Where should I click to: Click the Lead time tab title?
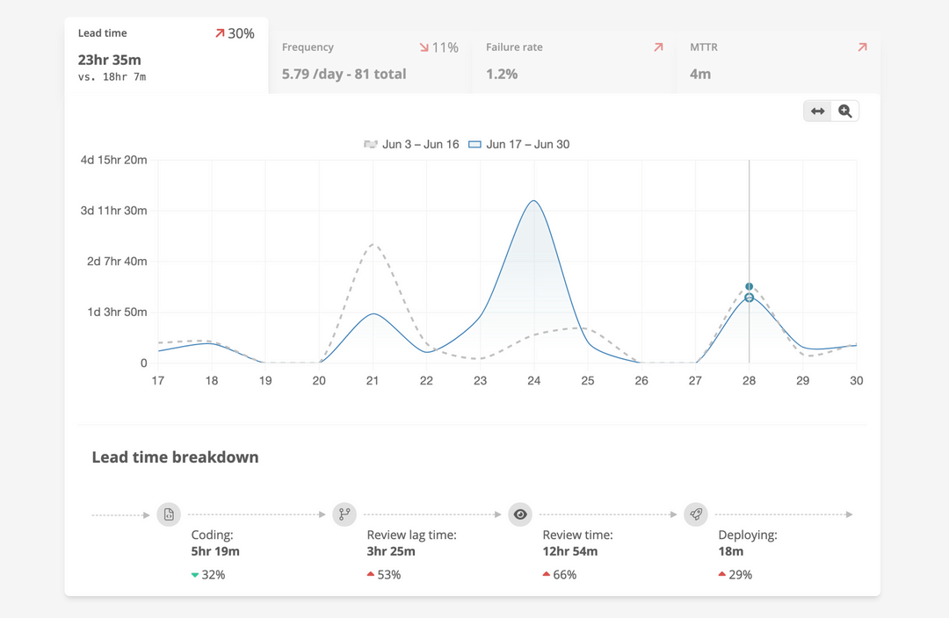[102, 33]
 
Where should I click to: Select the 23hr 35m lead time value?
[109, 60]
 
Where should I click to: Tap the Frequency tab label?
[308, 47]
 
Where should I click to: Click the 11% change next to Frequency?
[445, 47]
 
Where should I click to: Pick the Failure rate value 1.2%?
[502, 74]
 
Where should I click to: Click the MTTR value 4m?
[699, 74]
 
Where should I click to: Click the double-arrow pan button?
[818, 111]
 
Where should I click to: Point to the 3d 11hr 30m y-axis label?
[113, 211]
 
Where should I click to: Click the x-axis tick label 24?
[533, 381]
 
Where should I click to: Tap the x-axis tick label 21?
[373, 381]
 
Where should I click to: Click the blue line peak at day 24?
[533, 201]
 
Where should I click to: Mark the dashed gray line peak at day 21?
[373, 244]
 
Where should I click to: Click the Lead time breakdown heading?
[175, 457]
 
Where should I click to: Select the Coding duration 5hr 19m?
[215, 551]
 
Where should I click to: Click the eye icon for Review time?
[520, 514]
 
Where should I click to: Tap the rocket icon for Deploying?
[696, 514]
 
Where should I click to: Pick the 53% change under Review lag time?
[389, 575]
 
